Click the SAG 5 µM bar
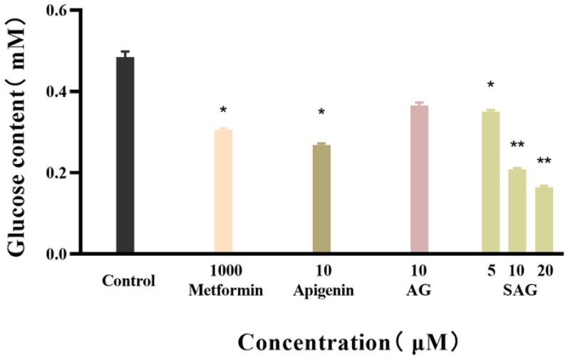click(x=490, y=182)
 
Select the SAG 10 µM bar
click(x=517, y=211)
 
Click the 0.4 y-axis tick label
click(x=57, y=92)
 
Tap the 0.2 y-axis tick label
click(x=57, y=173)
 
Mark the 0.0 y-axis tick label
click(x=57, y=254)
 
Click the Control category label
click(x=128, y=280)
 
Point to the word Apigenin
click(x=322, y=290)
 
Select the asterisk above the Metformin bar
click(x=223, y=110)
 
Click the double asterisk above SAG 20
click(x=544, y=161)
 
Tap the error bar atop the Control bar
click(x=125, y=53)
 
